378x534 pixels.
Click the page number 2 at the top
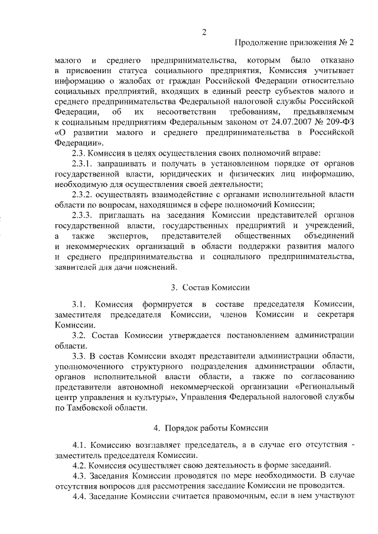[x=204, y=32]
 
